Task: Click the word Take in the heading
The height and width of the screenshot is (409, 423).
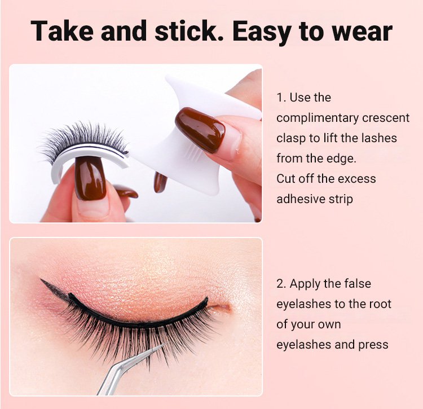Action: [x=62, y=31]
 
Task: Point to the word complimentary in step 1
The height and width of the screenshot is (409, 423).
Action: [x=317, y=118]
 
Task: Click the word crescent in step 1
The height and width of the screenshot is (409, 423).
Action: [x=386, y=118]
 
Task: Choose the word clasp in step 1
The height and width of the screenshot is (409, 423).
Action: [x=291, y=138]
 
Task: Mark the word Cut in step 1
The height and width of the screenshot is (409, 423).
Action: [x=286, y=179]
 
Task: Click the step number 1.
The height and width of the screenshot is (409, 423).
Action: [x=281, y=98]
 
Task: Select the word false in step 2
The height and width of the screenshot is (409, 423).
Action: [x=358, y=284]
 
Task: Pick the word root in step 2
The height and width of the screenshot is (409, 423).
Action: [x=380, y=304]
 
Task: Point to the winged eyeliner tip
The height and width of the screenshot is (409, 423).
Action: [x=41, y=279]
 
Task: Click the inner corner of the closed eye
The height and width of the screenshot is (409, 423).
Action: [x=230, y=307]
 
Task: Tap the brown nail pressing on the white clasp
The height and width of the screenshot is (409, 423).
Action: [x=200, y=130]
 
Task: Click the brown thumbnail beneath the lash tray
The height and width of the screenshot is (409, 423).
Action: [x=90, y=178]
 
